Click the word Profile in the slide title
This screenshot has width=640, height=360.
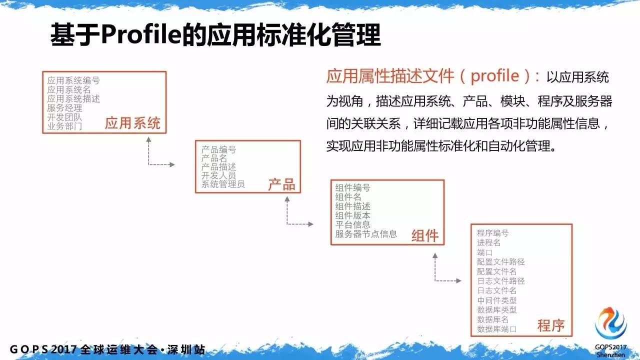(141, 35)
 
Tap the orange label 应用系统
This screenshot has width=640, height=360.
(132, 123)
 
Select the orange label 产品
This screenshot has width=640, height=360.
(281, 184)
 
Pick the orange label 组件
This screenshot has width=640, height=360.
(425, 236)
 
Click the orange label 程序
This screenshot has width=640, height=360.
(551, 325)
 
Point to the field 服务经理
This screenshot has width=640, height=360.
(64, 108)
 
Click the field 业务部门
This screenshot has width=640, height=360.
(64, 126)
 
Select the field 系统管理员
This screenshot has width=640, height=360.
(223, 184)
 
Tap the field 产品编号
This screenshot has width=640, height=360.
(219, 149)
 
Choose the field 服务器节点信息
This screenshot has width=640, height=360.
(366, 234)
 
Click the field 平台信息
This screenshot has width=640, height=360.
(353, 224)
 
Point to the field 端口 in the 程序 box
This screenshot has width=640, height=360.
(485, 252)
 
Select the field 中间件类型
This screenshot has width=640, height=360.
(497, 300)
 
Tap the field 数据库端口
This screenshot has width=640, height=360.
(497, 329)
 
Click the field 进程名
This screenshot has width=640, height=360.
(489, 243)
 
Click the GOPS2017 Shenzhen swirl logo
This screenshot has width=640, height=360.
(611, 323)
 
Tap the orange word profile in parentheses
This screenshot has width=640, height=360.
(495, 76)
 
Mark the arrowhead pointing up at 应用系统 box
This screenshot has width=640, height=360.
(148, 139)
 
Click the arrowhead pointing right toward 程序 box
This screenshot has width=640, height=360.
(458, 281)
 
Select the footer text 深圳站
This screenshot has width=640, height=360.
(186, 349)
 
